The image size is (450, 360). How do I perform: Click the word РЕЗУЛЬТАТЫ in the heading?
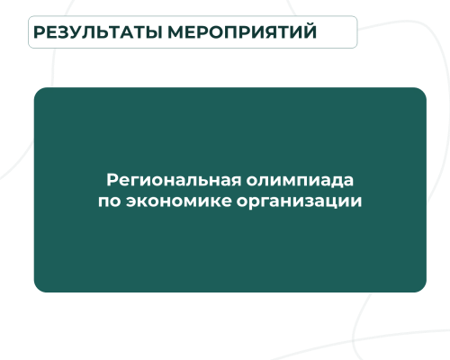pyautogui.click(x=98, y=32)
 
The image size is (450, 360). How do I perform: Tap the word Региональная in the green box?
pyautogui.click(x=174, y=180)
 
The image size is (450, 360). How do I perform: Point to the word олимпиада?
pyautogui.click(x=300, y=181)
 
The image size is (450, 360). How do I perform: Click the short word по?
pyautogui.click(x=110, y=202)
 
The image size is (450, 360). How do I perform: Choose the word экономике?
pyautogui.click(x=179, y=200)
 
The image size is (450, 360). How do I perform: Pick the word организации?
pyautogui.click(x=299, y=202)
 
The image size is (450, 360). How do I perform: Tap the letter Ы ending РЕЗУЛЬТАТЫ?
pyautogui.click(x=155, y=32)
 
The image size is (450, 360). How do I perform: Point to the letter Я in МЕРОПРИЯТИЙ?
pyautogui.click(x=268, y=32)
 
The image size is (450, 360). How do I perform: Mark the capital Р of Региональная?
pyautogui.click(x=112, y=180)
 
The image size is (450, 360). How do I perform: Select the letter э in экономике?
pyautogui.click(x=130, y=202)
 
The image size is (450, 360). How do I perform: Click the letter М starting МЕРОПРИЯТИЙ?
pyautogui.click(x=175, y=32)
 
